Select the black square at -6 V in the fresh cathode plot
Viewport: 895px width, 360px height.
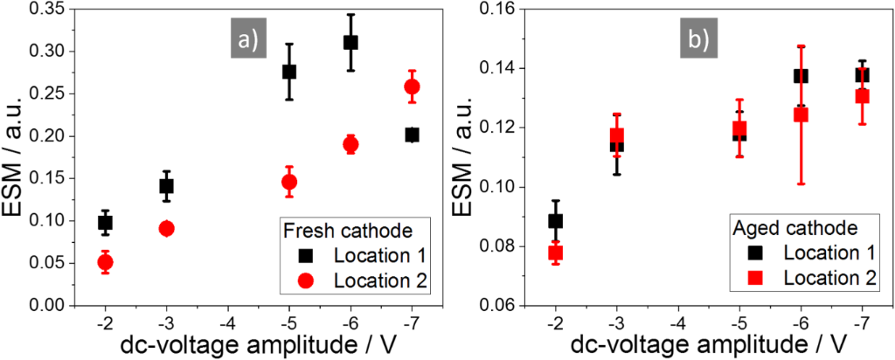[x=350, y=42]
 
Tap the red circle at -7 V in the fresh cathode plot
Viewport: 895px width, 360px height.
[x=412, y=87]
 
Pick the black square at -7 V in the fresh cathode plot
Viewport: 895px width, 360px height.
[x=412, y=135]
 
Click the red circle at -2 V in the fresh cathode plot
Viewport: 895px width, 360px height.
[x=106, y=262]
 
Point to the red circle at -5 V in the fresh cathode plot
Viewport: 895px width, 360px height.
[x=289, y=182]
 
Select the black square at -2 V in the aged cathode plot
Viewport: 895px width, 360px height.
[x=555, y=221]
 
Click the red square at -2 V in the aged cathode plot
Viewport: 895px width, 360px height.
[x=555, y=253]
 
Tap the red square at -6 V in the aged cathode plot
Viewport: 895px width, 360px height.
[x=801, y=114]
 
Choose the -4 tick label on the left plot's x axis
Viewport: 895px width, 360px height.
[x=228, y=322]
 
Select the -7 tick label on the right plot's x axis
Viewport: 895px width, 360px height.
[x=862, y=322]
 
